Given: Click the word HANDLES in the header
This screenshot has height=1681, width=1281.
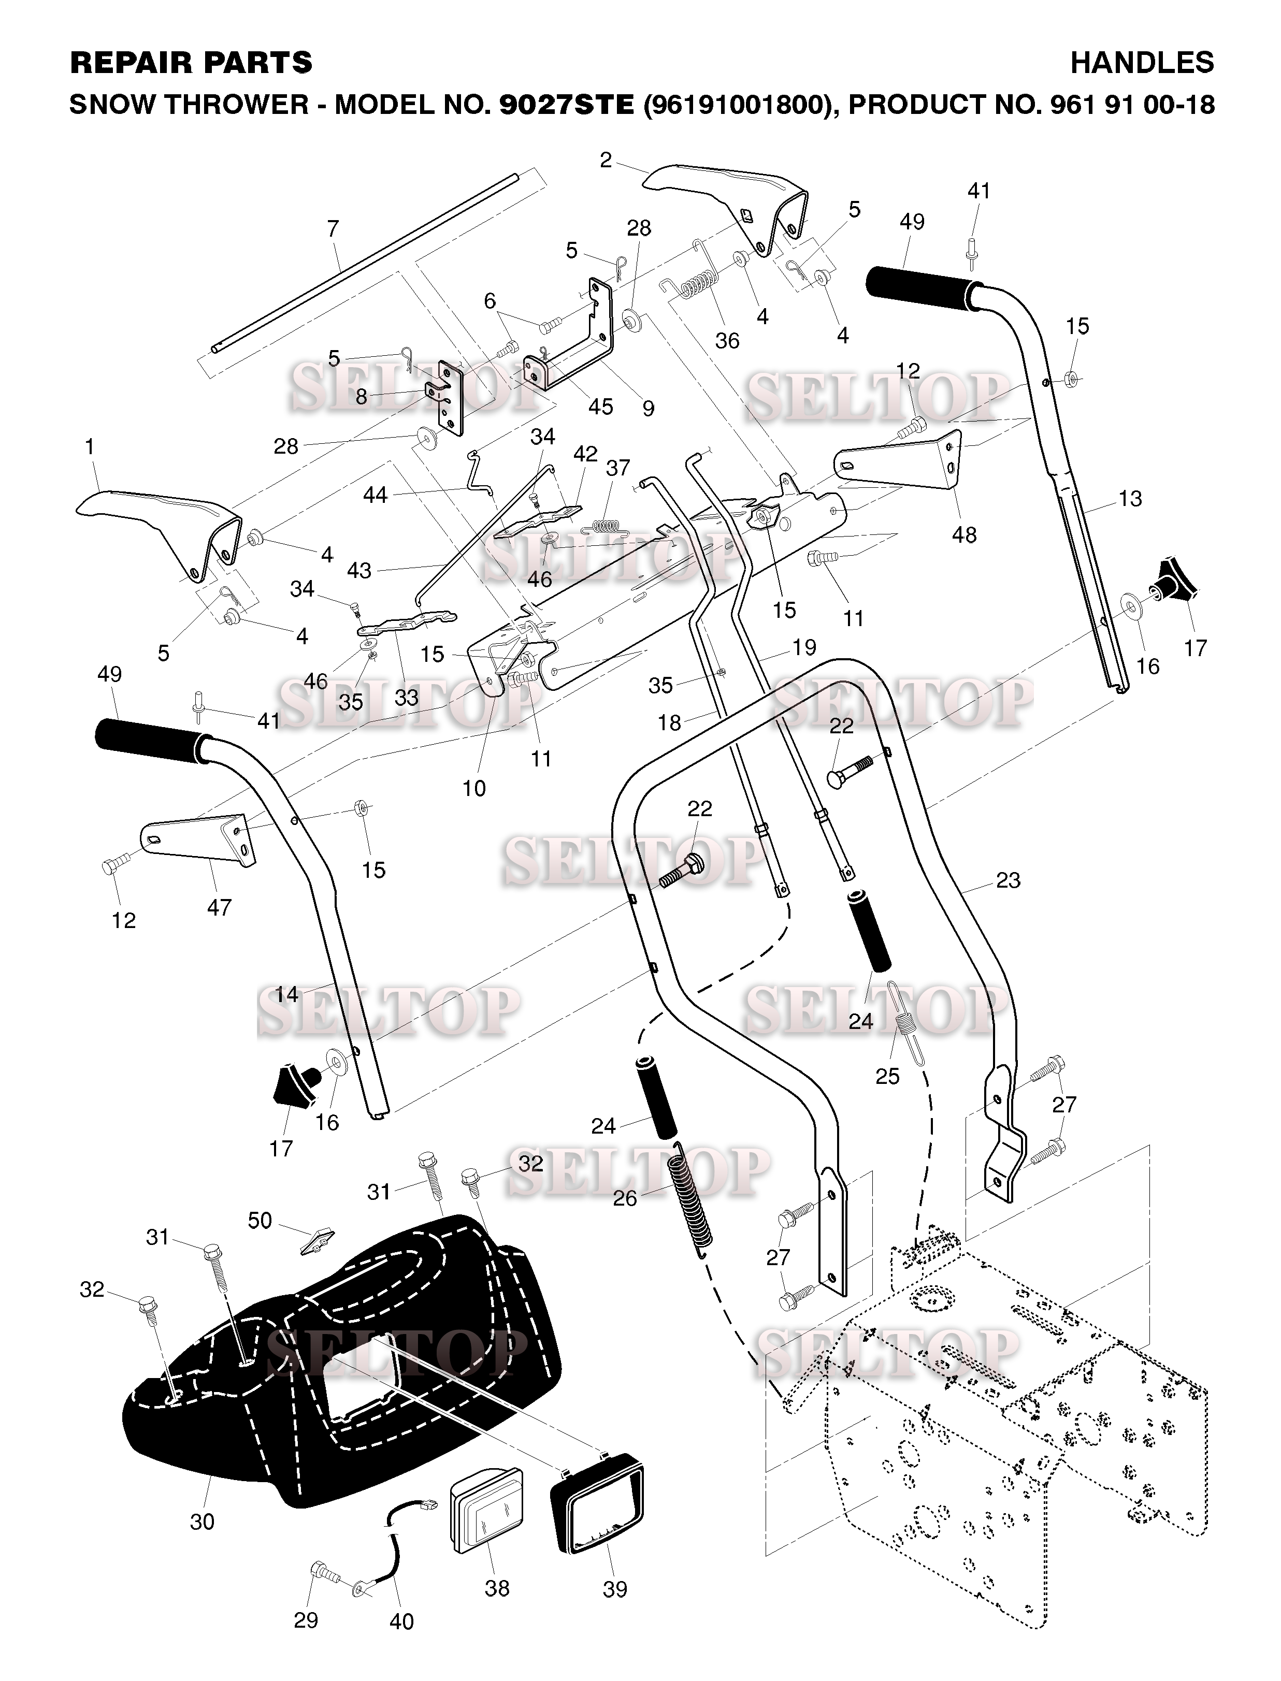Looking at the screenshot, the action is [x=1142, y=63].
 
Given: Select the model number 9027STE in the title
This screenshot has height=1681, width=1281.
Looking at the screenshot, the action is [x=567, y=105].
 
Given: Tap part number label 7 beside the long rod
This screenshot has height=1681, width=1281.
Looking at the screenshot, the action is [x=333, y=229].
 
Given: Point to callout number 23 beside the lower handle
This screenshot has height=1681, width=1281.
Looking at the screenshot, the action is [x=1008, y=880].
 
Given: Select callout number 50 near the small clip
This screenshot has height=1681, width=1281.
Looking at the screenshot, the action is [x=260, y=1221].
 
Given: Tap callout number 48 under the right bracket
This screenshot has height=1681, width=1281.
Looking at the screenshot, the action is [x=964, y=535].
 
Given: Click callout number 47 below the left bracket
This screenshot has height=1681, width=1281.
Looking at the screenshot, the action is [x=219, y=907].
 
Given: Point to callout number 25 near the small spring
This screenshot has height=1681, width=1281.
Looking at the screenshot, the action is [x=887, y=1077].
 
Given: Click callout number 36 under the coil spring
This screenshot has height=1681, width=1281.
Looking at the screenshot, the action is [x=727, y=341].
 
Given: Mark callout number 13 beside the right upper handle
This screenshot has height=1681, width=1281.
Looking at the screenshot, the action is [x=1130, y=499].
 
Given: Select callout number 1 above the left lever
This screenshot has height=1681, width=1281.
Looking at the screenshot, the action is [x=91, y=447].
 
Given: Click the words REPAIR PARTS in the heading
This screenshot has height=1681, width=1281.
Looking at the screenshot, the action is [x=191, y=63].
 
